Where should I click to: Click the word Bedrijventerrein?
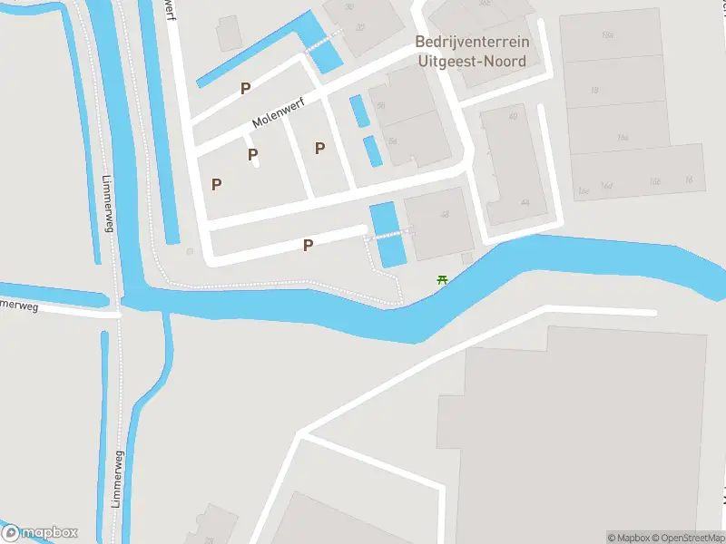pyautogui.click(x=472, y=42)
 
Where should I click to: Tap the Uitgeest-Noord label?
pyautogui.click(x=472, y=61)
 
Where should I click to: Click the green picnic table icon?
pyautogui.click(x=442, y=279)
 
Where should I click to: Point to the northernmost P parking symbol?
pyautogui.click(x=245, y=88)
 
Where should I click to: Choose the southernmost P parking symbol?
pyautogui.click(x=308, y=245)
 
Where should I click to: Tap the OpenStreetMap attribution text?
pyautogui.click(x=685, y=538)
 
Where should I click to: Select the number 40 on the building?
pyautogui.click(x=514, y=115)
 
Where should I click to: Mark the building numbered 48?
pyautogui.click(x=444, y=214)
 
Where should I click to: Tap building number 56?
pyautogui.click(x=380, y=105)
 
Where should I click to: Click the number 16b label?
pyautogui.click(x=655, y=182)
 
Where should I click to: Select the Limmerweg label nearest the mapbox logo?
pyautogui.click(x=118, y=481)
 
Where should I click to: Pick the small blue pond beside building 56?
pyautogui.click(x=358, y=111)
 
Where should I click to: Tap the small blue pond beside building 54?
pyautogui.click(x=372, y=151)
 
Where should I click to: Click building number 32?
pyautogui.click(x=360, y=27)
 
